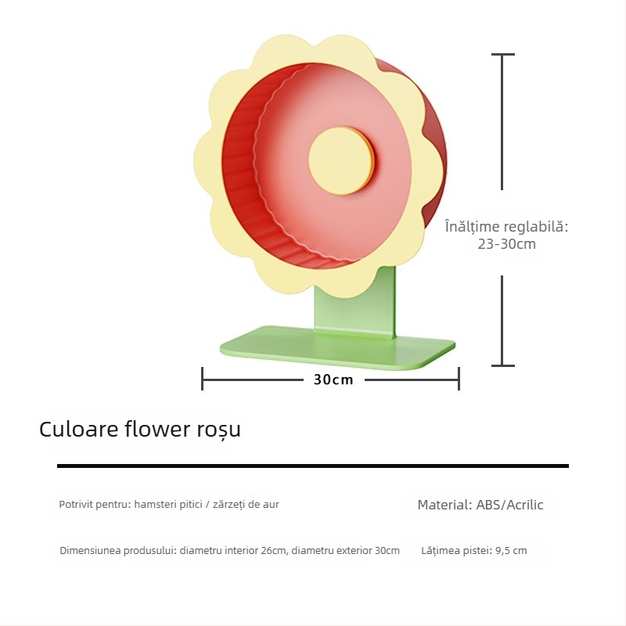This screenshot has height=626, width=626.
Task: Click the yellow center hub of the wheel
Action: pos(341,160)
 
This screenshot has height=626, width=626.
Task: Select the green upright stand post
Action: pos(355,301)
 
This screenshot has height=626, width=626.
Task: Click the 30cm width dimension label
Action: pos(333,380)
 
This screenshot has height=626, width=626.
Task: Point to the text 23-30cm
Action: pos(506,243)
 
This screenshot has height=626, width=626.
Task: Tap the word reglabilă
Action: pos(536,226)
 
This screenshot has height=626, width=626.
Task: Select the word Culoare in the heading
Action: pos(79,429)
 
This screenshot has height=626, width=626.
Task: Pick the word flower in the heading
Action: pos(157,429)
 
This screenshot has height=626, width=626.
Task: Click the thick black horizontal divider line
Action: pos(313,466)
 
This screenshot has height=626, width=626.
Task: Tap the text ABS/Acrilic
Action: pos(509,505)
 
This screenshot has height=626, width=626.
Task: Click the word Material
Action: pos(444,505)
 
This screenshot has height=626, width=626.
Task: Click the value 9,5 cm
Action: pos(511,551)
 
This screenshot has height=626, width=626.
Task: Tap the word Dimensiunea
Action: pos(90,551)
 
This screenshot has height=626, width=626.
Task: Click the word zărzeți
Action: pos(228,504)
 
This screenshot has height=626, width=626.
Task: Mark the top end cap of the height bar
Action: pos(502,54)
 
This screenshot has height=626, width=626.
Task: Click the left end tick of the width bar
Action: pos(203,379)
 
